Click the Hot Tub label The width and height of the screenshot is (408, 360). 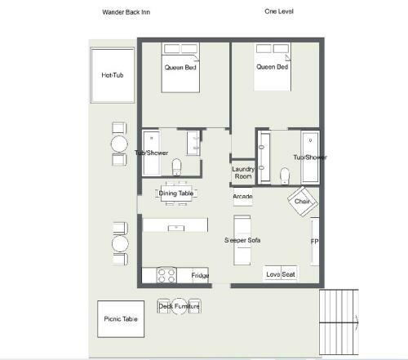113,75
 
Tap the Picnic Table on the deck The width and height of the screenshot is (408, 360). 121,319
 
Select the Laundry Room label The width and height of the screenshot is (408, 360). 243,172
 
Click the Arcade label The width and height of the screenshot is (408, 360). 242,196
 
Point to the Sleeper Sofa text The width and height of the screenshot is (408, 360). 242,240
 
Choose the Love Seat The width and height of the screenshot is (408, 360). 280,274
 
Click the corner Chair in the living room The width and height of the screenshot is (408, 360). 303,202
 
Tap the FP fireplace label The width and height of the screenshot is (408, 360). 314,242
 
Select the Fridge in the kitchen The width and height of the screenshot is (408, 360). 200,275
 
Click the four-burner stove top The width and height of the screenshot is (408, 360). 166,275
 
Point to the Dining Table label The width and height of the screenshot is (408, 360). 176,193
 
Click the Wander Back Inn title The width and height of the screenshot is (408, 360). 126,12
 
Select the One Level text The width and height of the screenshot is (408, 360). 279,11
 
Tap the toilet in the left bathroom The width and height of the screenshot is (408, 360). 177,167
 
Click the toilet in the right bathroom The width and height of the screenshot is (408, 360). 285,176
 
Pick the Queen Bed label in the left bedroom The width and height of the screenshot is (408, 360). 180,67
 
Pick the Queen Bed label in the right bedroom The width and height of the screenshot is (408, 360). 272,67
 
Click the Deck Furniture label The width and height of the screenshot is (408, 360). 179,306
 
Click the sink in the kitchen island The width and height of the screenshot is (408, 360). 176,228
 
